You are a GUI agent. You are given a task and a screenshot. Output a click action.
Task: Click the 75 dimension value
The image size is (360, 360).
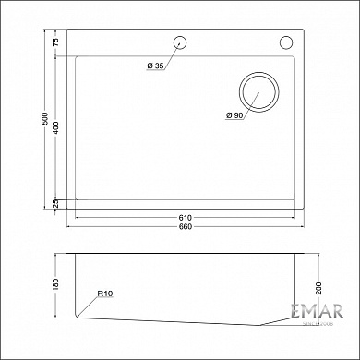[55, 43]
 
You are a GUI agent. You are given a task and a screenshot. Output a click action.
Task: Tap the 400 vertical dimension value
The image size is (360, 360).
[55, 128]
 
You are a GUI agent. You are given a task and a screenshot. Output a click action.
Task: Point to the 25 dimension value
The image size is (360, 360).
[55, 203]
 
